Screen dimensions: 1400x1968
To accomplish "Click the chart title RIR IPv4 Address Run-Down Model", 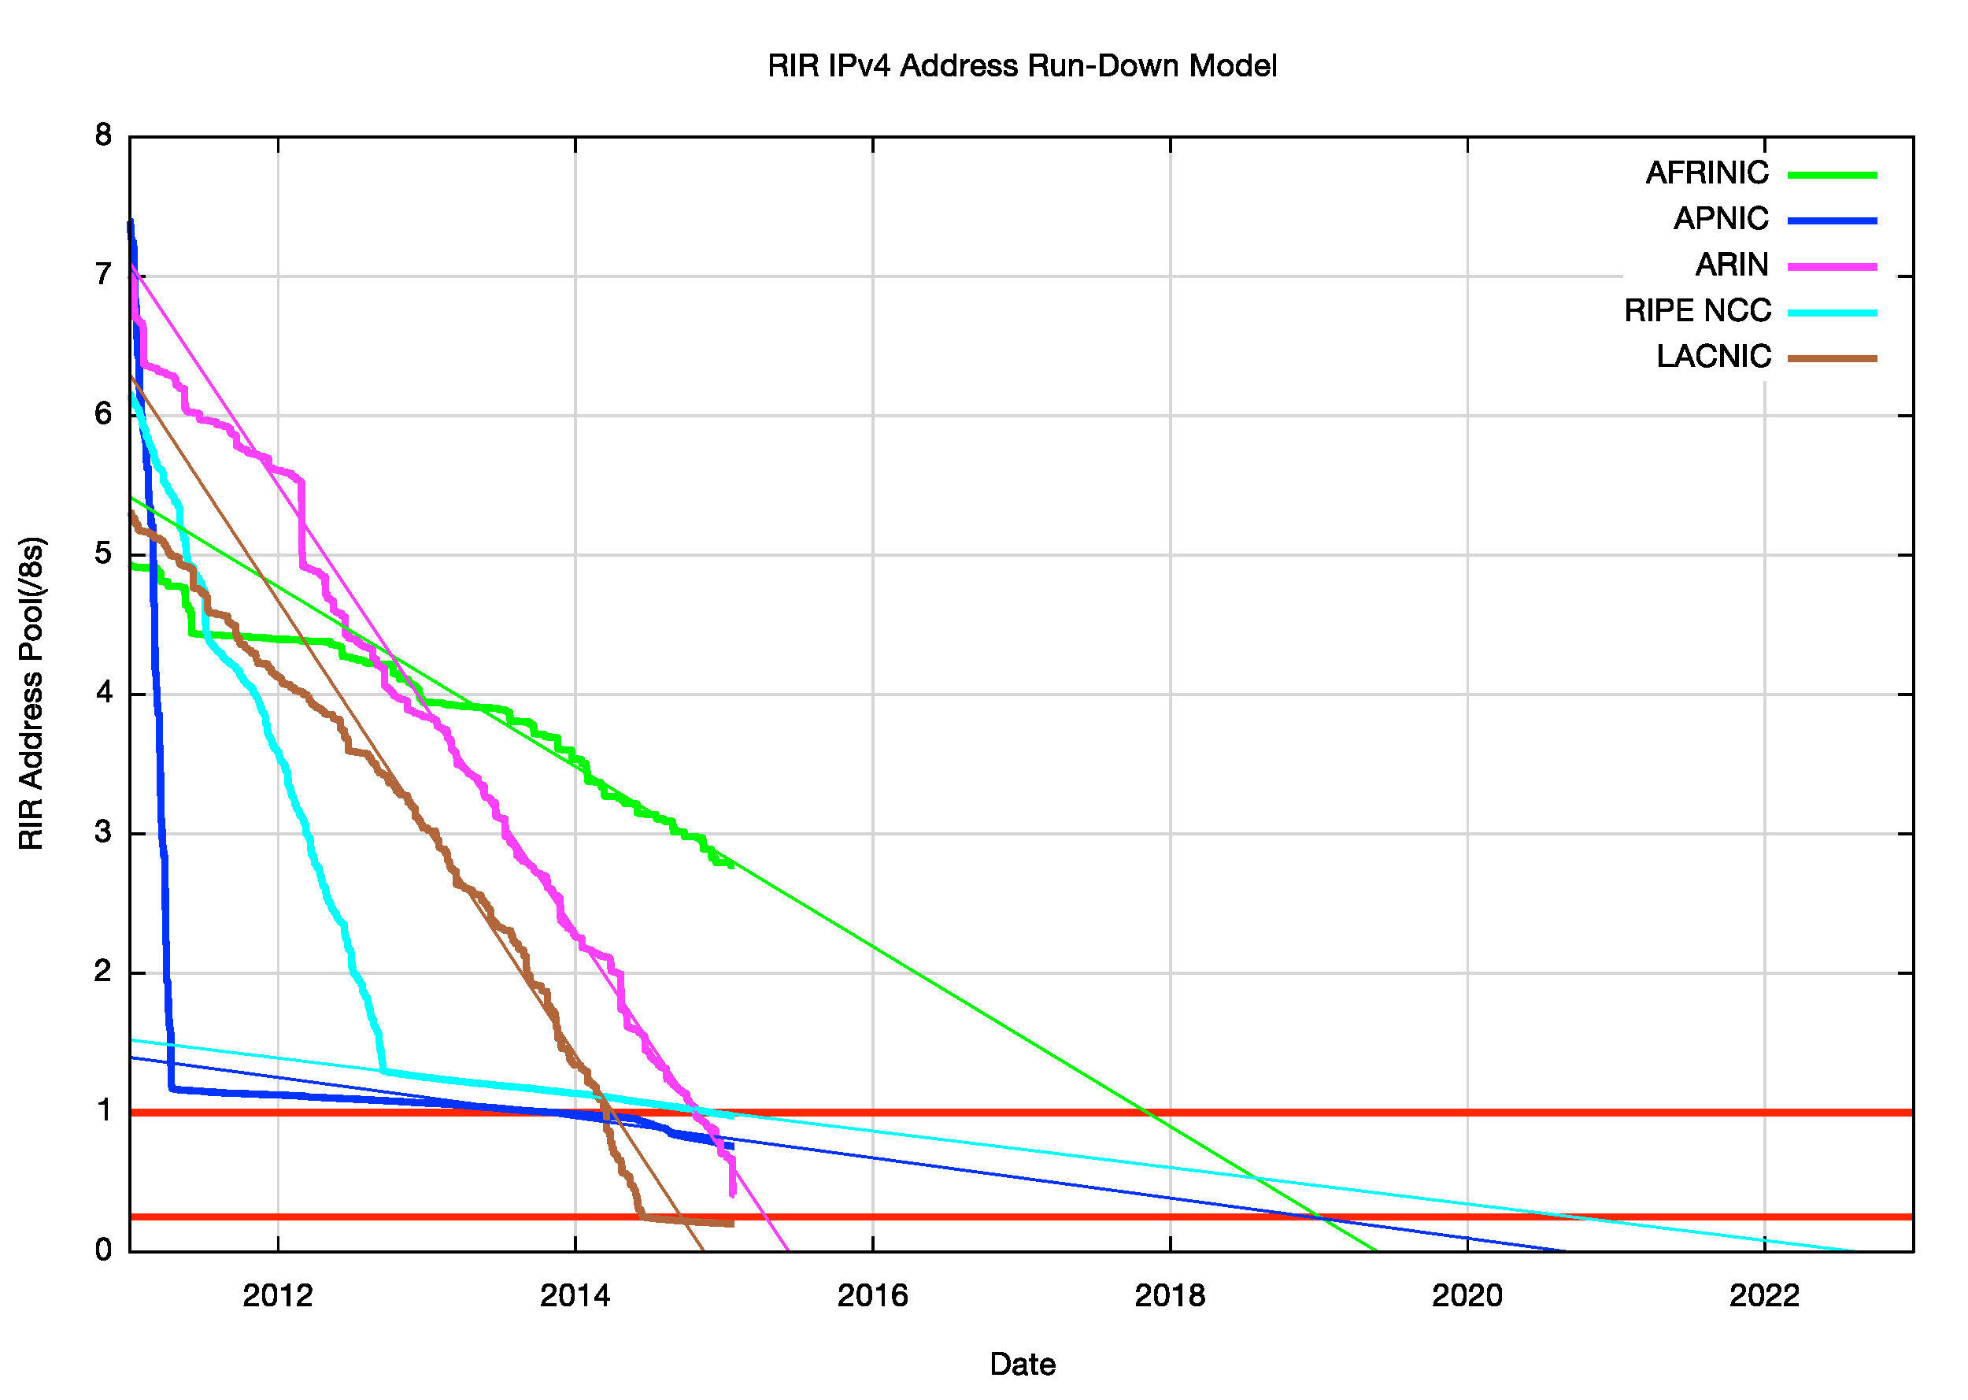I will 1022,66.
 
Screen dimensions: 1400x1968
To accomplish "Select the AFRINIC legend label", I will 1706,173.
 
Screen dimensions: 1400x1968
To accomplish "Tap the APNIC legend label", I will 1720,219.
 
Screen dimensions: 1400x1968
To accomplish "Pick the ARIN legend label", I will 1731,265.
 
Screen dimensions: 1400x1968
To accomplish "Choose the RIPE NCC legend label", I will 1696,310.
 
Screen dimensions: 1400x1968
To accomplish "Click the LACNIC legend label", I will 1713,356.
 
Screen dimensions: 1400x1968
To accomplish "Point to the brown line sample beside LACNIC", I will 1832,357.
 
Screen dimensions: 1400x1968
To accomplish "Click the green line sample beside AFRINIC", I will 1832,175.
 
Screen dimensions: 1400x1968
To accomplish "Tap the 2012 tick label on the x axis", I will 277,1296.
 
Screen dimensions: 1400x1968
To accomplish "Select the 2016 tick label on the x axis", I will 872,1296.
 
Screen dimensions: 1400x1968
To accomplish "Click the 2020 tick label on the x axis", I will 1467,1296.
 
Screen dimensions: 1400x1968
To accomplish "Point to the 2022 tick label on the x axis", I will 1764,1296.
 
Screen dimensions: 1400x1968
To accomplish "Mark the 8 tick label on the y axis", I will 104,135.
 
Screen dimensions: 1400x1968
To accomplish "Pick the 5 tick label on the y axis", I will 104,554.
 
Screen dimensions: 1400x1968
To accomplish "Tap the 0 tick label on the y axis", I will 104,1250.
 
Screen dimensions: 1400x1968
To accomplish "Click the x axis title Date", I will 1022,1365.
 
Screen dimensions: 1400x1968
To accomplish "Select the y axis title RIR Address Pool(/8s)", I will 31,693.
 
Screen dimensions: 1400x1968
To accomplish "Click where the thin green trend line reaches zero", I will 1376,1250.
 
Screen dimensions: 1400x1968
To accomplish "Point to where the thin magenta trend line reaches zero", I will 787,1250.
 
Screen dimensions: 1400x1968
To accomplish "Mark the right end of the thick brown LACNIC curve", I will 731,1224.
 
